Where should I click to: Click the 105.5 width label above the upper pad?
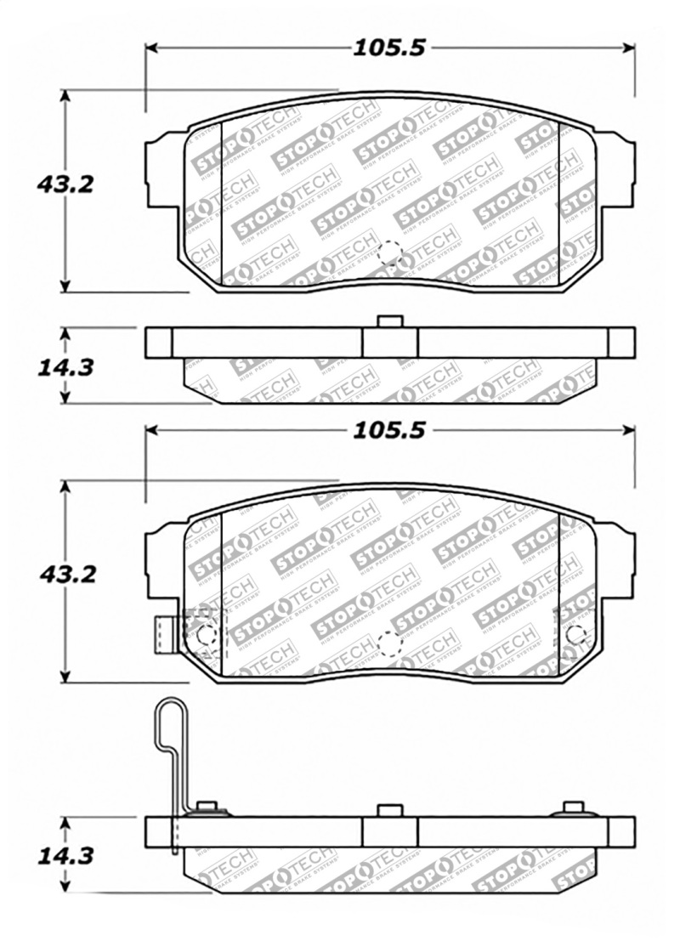[x=389, y=48]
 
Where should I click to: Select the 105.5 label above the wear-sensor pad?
[x=389, y=431]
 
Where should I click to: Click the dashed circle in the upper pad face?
[x=389, y=252]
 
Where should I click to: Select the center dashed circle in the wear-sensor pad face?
[x=389, y=644]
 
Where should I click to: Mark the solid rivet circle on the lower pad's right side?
[x=576, y=634]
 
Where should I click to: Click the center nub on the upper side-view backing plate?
[x=389, y=321]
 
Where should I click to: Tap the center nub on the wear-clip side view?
[x=389, y=810]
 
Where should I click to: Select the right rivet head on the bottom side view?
[x=574, y=808]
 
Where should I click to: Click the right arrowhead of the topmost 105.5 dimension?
[x=630, y=48]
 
